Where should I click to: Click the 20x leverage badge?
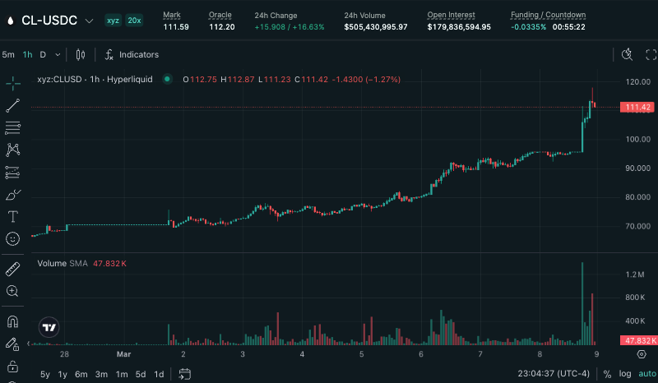[134, 20]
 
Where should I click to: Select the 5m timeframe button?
[8, 55]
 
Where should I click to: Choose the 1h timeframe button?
[27, 55]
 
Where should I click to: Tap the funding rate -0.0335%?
[527, 27]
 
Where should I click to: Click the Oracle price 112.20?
[222, 27]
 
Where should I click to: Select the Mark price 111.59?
[176, 27]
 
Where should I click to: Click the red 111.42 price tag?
[638, 108]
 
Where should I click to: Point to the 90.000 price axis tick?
[638, 168]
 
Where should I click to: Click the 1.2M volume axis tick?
[635, 274]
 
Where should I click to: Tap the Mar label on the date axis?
[123, 354]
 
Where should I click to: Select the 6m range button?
[81, 374]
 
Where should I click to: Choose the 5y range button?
[44, 374]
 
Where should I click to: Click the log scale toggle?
[626, 374]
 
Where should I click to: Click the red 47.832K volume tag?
[638, 340]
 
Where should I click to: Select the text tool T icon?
[13, 217]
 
